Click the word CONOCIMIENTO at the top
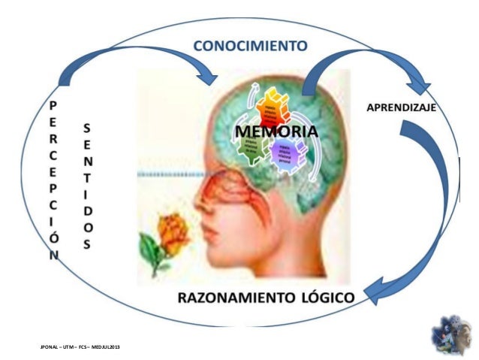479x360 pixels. (x=250, y=45)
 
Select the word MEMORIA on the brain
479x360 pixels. (x=276, y=132)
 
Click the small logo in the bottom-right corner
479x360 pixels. (x=451, y=337)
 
